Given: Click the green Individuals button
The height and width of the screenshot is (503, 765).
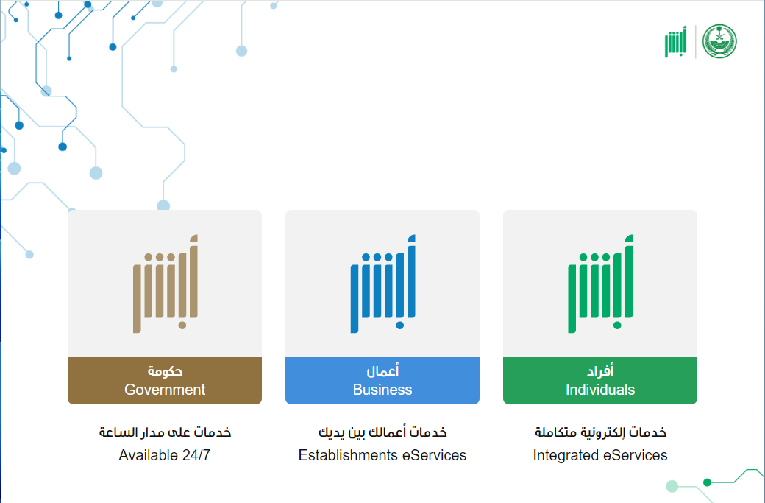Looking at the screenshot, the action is tap(599, 381).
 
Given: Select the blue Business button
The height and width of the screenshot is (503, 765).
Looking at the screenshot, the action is tap(382, 381).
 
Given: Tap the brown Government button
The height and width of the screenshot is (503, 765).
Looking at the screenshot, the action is tap(165, 381).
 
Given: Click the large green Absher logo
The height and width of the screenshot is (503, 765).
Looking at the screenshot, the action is tap(600, 284).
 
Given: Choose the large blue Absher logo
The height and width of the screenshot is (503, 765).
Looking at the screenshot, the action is tap(382, 284).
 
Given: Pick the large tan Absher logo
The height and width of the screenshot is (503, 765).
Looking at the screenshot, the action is tap(165, 284).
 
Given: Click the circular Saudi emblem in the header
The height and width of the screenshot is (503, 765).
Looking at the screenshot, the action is tap(719, 41).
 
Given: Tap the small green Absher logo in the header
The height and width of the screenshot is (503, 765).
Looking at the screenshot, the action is tap(676, 42).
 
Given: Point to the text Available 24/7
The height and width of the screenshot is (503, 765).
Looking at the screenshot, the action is tap(165, 455).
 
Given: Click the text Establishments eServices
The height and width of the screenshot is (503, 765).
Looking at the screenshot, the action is tap(382, 455).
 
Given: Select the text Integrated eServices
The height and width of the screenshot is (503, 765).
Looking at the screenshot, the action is tap(600, 455).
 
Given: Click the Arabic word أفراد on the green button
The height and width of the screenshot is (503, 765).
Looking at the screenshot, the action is tap(600, 371).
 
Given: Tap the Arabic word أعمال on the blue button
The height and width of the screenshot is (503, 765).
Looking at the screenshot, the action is tap(382, 371).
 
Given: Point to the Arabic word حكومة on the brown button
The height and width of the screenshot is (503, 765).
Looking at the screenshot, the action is tap(165, 372).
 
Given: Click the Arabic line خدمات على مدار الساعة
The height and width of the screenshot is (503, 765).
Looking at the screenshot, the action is tap(165, 432).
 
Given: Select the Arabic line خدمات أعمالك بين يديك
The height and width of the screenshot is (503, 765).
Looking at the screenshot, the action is tap(382, 432).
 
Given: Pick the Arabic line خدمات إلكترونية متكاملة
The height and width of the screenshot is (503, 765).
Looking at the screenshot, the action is tap(600, 432).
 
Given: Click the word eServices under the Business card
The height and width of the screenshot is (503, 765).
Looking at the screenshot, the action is tap(434, 455).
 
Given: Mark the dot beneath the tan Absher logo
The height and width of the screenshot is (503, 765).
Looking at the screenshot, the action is tap(182, 326).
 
